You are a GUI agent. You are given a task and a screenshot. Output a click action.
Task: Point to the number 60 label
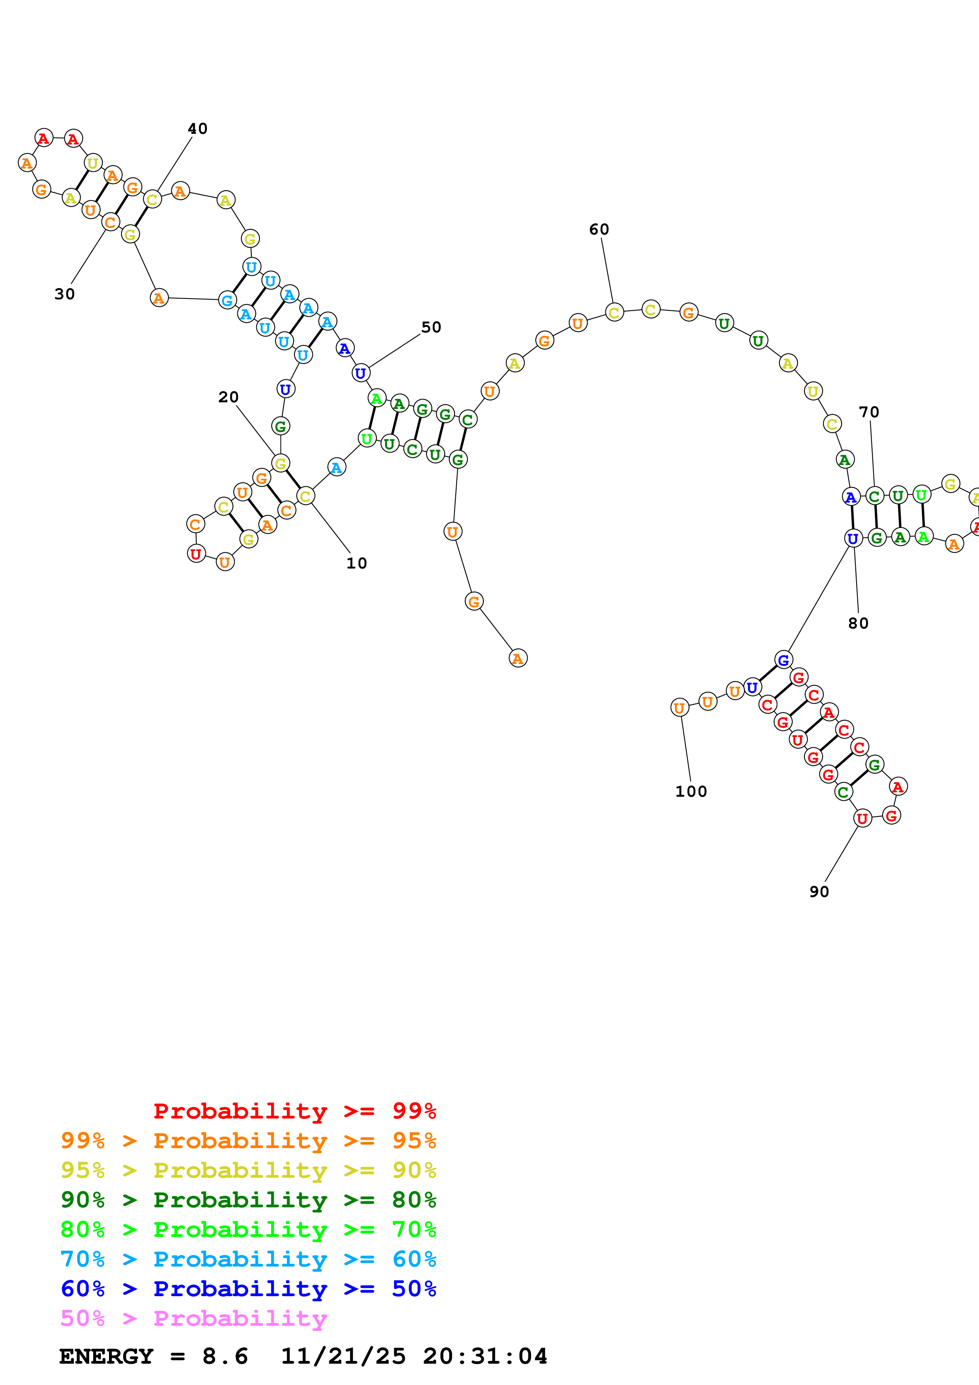(599, 229)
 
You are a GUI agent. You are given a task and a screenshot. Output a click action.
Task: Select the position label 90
(819, 891)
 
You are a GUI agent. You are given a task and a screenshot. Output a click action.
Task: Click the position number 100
(691, 792)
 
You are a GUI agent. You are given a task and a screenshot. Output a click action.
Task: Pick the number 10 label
(357, 563)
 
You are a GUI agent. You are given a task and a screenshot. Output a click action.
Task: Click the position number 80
(859, 623)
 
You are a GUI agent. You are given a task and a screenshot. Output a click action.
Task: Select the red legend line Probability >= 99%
(294, 1111)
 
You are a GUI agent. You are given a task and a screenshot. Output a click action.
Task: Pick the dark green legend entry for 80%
(248, 1200)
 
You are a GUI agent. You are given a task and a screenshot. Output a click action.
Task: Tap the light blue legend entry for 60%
(248, 1259)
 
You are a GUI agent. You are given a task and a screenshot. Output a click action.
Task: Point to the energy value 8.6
(225, 1356)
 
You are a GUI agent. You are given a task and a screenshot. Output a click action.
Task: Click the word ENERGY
(106, 1356)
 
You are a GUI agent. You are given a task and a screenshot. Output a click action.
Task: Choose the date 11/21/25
(343, 1356)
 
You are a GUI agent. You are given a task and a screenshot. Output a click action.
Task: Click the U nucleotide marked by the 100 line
(680, 708)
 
